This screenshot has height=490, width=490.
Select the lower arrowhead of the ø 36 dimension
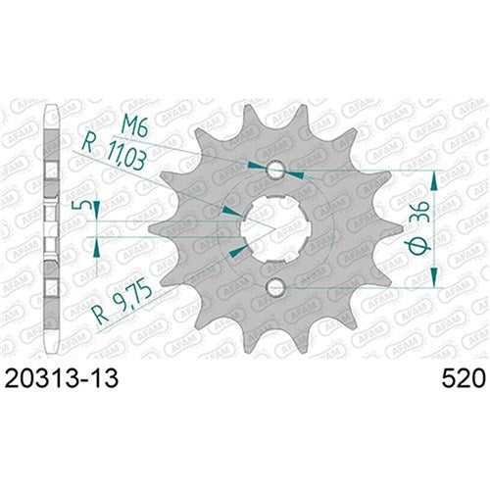(x=433, y=280)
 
